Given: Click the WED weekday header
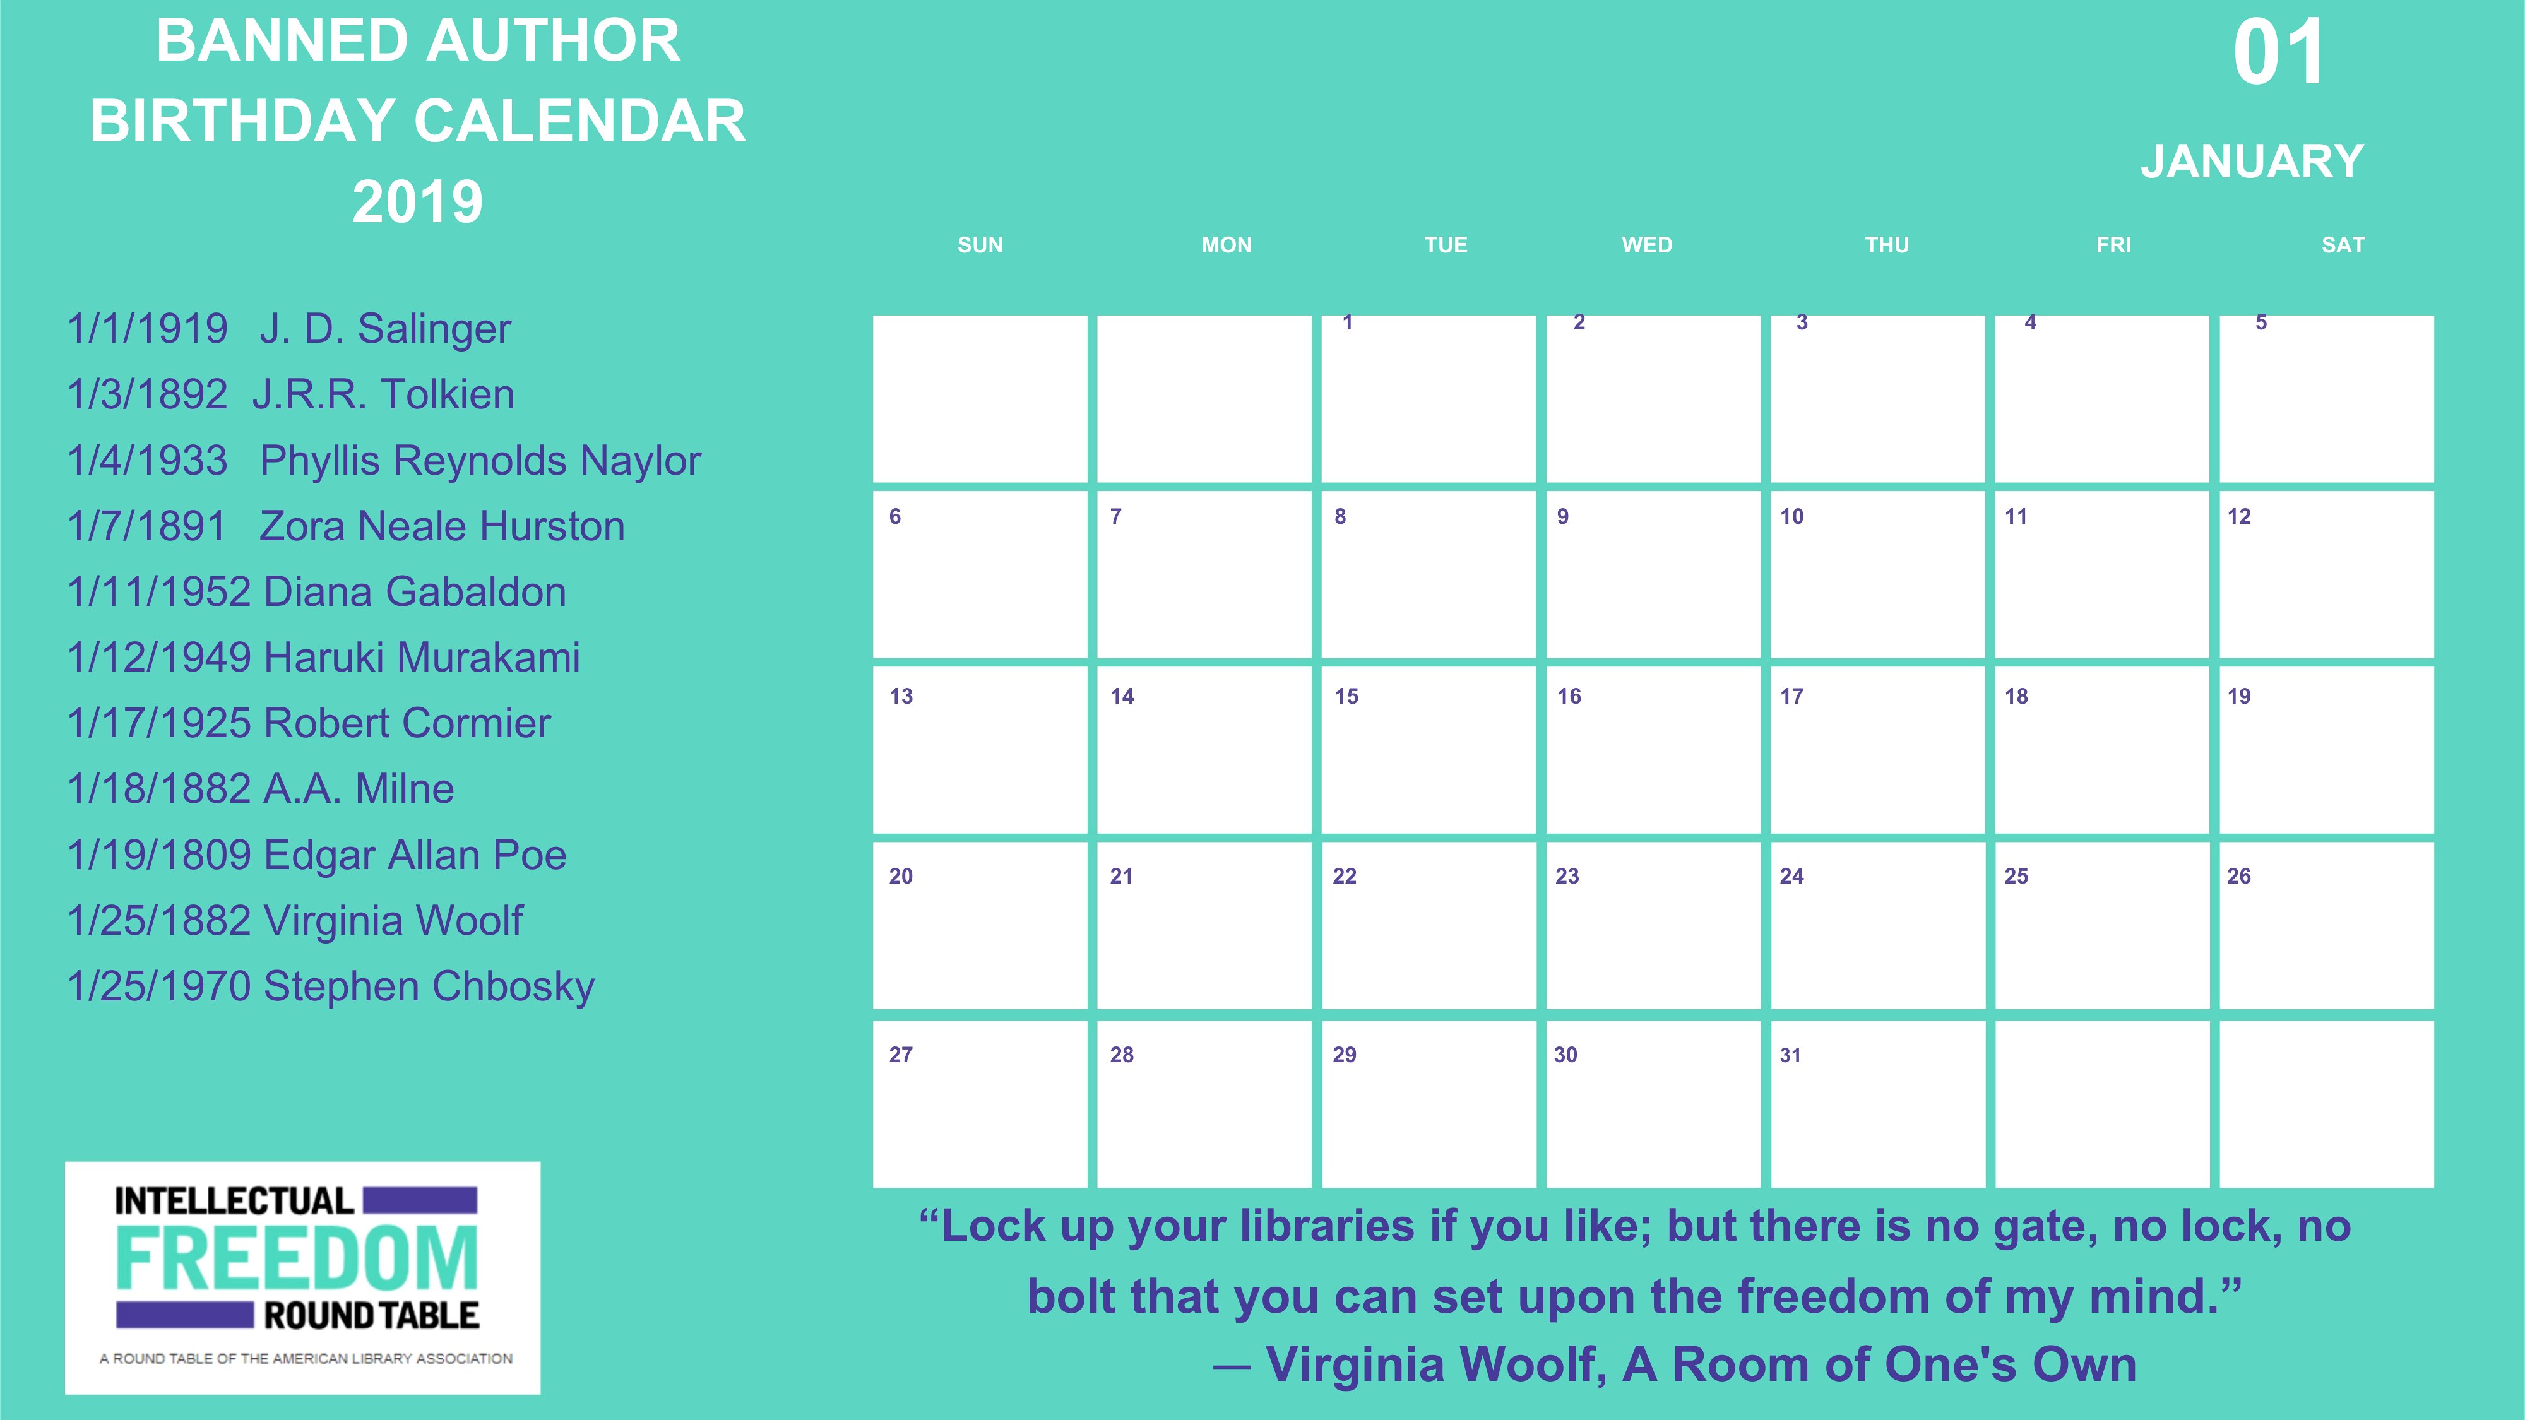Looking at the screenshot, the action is click(1647, 245).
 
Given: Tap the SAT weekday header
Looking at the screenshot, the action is click(2343, 245).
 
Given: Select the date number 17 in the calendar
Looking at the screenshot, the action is click(1792, 697).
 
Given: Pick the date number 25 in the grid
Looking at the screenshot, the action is click(2016, 876).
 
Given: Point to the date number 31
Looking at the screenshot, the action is click(1791, 1055).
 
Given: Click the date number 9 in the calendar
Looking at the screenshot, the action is click(1564, 516).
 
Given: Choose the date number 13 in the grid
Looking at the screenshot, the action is click(901, 697).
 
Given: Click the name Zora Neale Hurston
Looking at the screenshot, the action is click(442, 526).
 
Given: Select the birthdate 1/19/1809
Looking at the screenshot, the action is click(160, 855).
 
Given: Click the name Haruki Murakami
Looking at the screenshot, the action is click(422, 658).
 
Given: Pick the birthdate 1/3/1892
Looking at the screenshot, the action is click(147, 394).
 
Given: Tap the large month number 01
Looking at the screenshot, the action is click(2279, 53).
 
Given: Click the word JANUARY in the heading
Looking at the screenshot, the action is click(2252, 162).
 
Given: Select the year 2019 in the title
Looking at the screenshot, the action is click(417, 202).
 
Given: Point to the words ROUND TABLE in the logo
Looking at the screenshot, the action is click(372, 1315).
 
